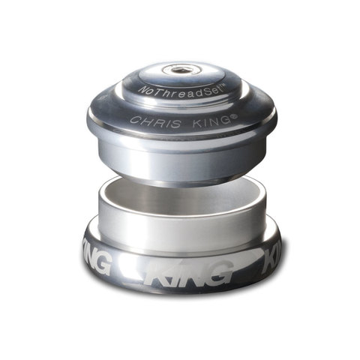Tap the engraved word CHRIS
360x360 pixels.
[x=155, y=121]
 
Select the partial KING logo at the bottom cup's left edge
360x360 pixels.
[x=97, y=261]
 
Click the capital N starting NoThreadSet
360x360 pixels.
[x=142, y=90]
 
